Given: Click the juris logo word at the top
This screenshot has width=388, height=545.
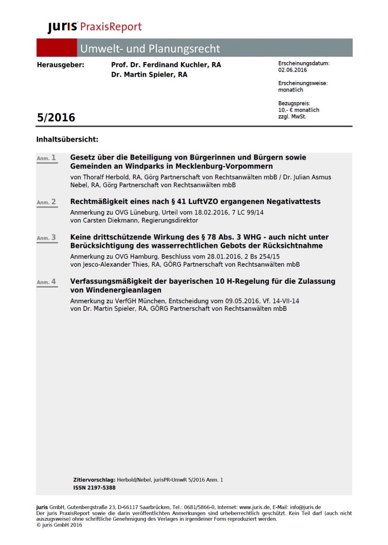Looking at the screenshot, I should (x=63, y=28).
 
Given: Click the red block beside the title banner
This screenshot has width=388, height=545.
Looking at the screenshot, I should (x=56, y=48).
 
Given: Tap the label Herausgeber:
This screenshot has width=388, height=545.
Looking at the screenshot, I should (x=60, y=65).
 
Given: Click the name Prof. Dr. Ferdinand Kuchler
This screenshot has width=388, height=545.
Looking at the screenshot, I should (x=158, y=65).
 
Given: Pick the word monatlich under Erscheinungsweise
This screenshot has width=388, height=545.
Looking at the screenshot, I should (x=291, y=90).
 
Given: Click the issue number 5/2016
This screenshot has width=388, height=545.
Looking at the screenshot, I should (x=56, y=117).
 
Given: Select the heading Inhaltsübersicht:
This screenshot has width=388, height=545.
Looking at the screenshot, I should (x=67, y=140).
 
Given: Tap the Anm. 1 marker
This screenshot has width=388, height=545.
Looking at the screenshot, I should (x=47, y=158).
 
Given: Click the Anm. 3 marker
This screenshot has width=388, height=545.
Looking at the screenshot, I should (x=47, y=238).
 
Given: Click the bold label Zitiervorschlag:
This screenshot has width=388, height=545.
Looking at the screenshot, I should (x=94, y=480).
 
